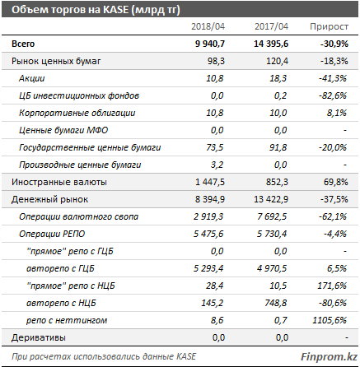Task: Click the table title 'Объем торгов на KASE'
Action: [x=70, y=10]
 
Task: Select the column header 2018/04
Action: [x=208, y=26]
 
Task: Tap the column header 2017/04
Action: [x=271, y=26]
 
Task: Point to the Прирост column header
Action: [x=329, y=26]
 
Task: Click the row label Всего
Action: [x=23, y=44]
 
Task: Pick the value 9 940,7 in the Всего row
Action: [x=210, y=44]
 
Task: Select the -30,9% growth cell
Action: [x=334, y=44]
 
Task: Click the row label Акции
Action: [x=31, y=79]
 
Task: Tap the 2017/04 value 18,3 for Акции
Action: [x=278, y=78]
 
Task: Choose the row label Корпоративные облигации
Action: [x=77, y=113]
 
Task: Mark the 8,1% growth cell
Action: [x=337, y=113]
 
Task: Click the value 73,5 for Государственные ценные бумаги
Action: [x=215, y=147]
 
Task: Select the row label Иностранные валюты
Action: [x=59, y=182]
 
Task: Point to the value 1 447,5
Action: [x=210, y=182]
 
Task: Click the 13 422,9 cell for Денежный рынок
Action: [x=271, y=199]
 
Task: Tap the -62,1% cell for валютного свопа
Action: [x=333, y=216]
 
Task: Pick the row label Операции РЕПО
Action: [x=52, y=234]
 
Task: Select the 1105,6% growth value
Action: [x=330, y=320]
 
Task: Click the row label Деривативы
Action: [x=39, y=337]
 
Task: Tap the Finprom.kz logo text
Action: [x=329, y=356]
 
